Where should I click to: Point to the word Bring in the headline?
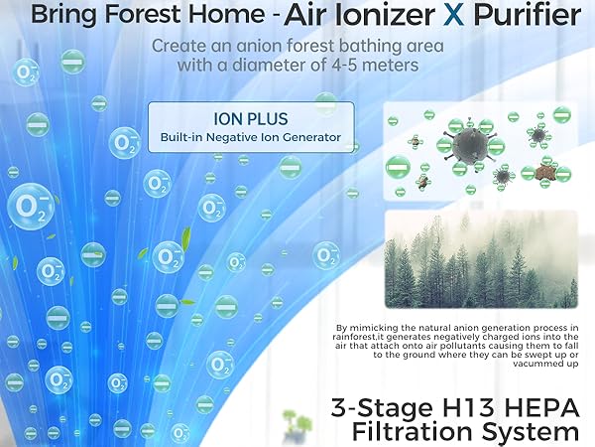pyautogui.click(x=60, y=17)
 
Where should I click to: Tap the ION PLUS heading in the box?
pyautogui.click(x=251, y=114)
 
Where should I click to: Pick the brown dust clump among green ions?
pyautogui.click(x=543, y=171)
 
